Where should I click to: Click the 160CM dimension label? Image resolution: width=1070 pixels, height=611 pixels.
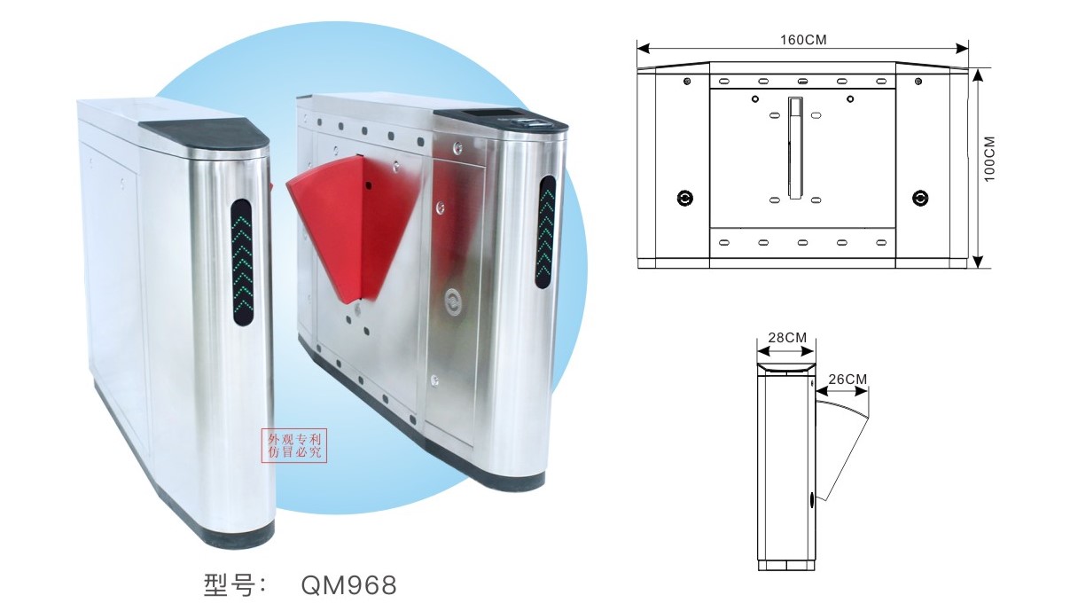803,40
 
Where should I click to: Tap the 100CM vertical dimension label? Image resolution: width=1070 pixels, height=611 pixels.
989,159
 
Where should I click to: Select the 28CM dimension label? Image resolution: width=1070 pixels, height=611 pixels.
787,338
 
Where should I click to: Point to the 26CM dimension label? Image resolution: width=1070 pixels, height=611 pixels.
847,380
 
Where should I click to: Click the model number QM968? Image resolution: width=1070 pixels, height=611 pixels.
348,584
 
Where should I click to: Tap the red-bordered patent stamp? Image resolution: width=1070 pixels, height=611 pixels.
294,446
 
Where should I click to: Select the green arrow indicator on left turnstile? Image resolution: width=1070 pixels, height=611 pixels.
242,262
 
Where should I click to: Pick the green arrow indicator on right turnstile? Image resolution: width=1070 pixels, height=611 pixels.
545,231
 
